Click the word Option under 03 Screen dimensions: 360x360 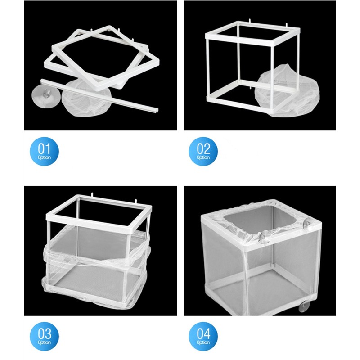pos(44,342)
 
